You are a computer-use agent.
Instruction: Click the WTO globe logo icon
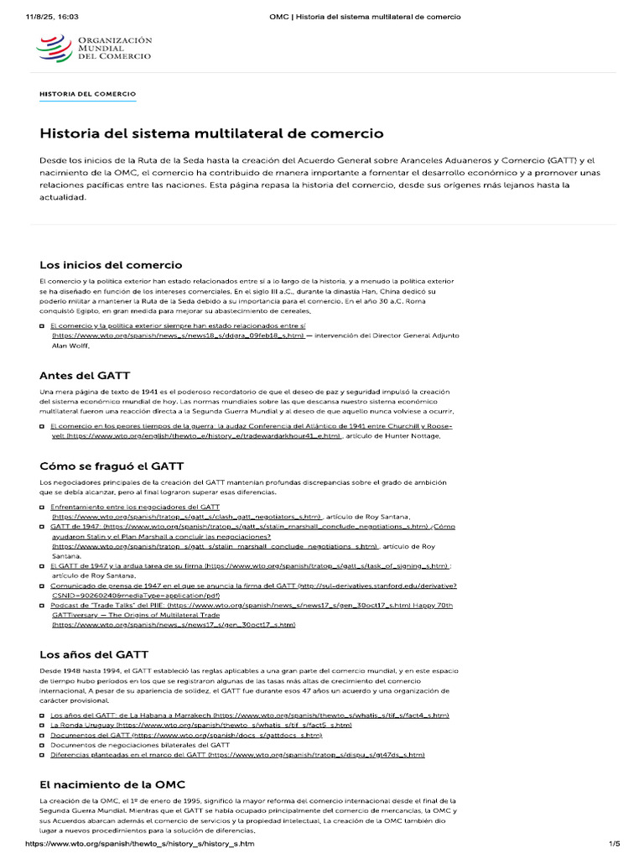point(55,47)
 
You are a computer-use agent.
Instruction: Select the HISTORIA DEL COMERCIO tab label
point(87,94)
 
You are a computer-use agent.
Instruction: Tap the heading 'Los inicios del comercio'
point(111,265)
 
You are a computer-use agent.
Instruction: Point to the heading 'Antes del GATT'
point(85,375)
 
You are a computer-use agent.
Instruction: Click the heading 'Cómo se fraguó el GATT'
point(112,466)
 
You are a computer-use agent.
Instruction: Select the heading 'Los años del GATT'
point(94,653)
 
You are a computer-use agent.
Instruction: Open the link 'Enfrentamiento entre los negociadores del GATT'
point(135,507)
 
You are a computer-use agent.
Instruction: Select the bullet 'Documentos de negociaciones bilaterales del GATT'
point(140,745)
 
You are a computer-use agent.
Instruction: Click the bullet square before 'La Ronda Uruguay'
point(43,724)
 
